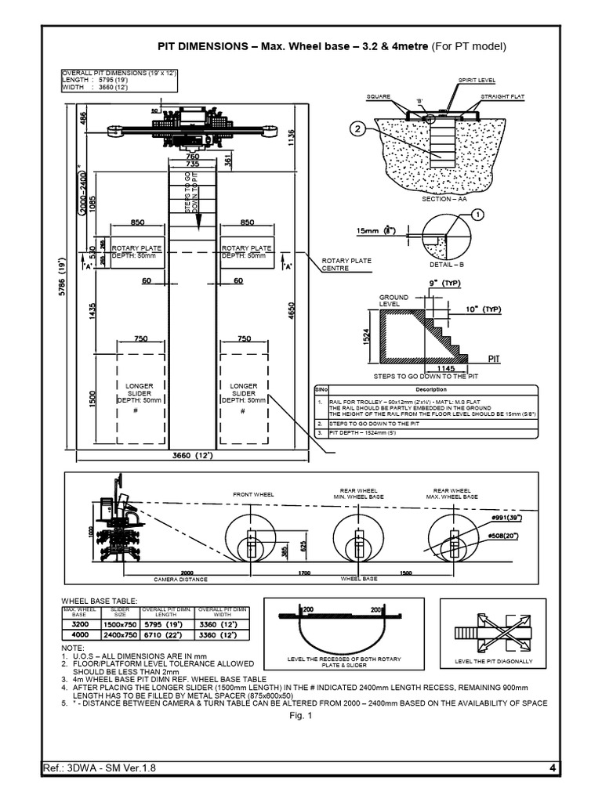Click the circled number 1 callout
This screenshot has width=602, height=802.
[x=479, y=213]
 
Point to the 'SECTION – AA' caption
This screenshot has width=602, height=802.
[x=444, y=199]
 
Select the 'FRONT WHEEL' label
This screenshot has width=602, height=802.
[x=253, y=496]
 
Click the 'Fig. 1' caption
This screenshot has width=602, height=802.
[x=300, y=715]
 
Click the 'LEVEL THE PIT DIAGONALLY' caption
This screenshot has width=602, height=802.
[x=492, y=661]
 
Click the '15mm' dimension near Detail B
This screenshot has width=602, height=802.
[x=370, y=231]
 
